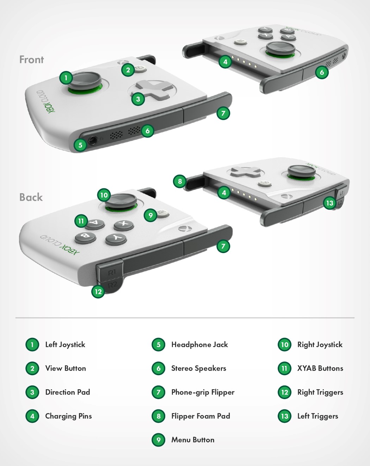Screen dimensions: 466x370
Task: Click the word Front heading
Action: coord(32,59)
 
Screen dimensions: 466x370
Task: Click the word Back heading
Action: coord(31,197)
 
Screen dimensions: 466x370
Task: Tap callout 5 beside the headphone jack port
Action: coord(80,145)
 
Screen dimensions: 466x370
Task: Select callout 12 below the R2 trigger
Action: coord(98,291)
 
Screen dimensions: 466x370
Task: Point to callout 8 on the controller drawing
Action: coord(180,181)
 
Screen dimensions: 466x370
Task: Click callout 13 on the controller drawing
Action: coord(329,203)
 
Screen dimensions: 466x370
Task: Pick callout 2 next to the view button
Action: coord(128,70)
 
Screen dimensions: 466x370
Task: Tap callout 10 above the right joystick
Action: coord(104,195)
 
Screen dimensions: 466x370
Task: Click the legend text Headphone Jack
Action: coord(199,345)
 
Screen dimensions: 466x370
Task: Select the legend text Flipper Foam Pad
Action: coord(201,416)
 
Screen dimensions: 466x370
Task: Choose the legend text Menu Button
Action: coord(193,440)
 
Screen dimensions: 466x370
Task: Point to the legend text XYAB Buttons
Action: coord(320,368)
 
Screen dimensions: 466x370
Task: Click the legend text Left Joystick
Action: coord(65,345)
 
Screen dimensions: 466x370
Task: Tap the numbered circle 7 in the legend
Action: coord(159,392)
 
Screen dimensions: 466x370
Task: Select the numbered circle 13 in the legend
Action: coord(285,416)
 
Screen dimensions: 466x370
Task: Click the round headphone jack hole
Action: coord(93,140)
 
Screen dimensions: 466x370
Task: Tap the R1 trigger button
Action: coord(111,272)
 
